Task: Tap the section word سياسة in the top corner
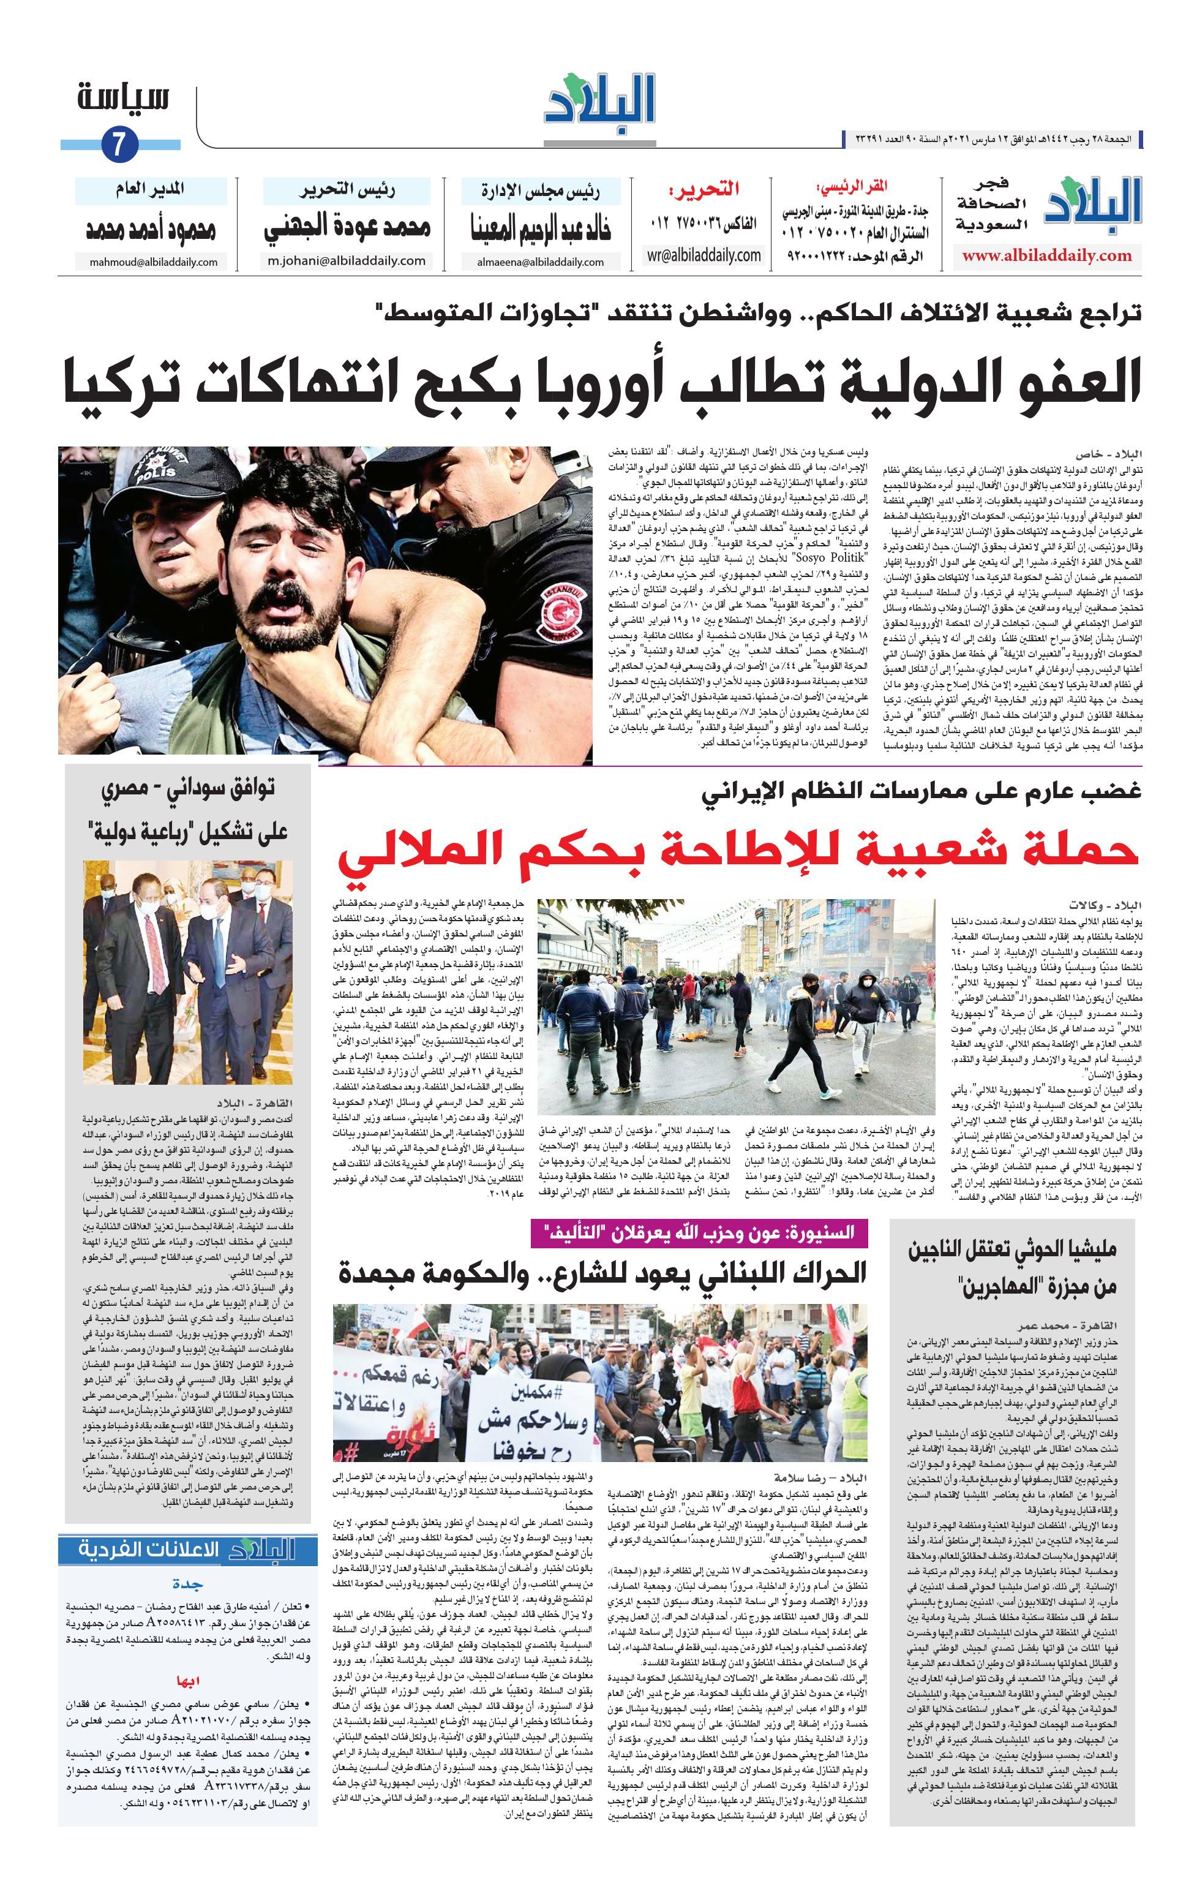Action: coord(123,99)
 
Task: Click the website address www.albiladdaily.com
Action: coord(1046,255)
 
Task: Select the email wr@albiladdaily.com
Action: coord(704,255)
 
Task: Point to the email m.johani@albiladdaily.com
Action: coord(346,261)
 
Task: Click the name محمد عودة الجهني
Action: coord(347,228)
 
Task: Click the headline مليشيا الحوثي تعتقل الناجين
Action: coord(1013,1251)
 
